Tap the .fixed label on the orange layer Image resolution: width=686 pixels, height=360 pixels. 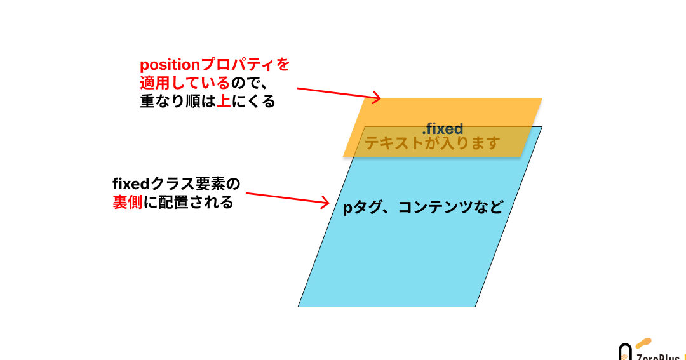point(442,129)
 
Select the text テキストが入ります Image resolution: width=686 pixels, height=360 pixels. point(432,143)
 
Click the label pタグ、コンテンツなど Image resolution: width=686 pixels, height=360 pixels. point(423,208)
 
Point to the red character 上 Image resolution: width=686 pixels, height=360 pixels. point(223,102)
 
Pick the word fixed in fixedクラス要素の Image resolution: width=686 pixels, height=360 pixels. point(130,185)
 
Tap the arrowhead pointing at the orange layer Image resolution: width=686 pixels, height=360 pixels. point(377,98)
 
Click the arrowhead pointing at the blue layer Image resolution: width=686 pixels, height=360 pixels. point(326,203)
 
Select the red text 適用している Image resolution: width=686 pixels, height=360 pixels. point(184,83)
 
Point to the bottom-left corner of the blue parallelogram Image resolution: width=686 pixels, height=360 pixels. point(299,307)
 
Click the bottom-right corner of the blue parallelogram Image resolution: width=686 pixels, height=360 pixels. point(476,307)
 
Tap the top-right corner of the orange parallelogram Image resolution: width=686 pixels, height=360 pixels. point(541,98)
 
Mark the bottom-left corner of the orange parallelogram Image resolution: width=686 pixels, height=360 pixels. point(344,157)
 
